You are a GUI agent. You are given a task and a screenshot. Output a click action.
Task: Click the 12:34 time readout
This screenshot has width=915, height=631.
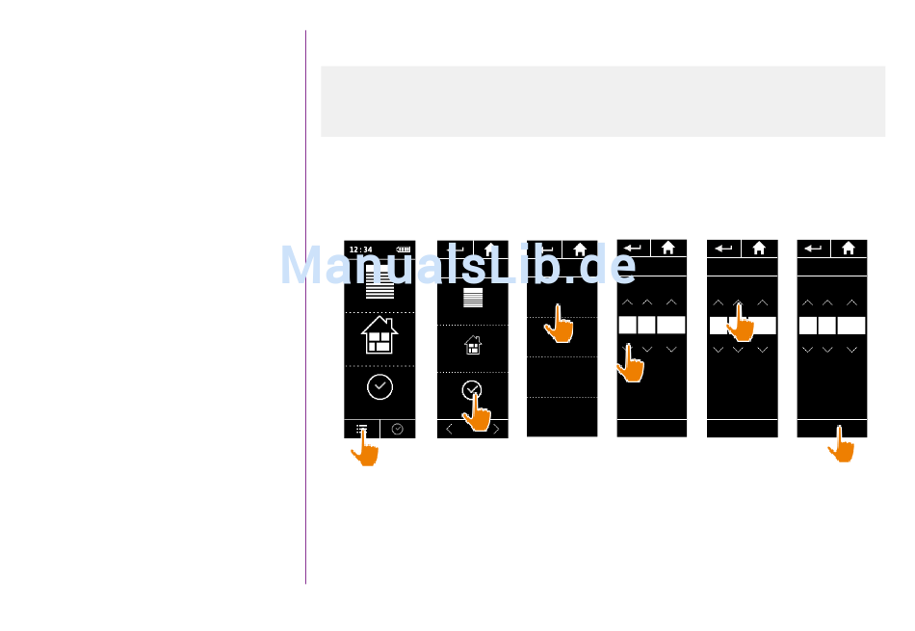point(360,250)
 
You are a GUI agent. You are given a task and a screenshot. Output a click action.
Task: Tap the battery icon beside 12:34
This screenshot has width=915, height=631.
point(403,250)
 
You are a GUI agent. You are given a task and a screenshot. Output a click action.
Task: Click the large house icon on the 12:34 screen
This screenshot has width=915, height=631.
point(379,335)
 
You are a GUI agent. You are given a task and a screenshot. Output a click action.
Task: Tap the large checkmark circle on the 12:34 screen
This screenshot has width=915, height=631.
point(379,387)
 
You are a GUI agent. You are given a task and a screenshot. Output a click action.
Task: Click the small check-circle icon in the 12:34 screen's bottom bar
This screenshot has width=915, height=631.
point(398,429)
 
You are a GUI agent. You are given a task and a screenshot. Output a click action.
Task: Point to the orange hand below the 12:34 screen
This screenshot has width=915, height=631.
point(364,448)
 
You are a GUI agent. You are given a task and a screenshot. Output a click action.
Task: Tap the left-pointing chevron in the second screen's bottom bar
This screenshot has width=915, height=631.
point(449,430)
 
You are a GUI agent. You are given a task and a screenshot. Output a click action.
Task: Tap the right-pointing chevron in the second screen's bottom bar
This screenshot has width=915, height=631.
point(496,430)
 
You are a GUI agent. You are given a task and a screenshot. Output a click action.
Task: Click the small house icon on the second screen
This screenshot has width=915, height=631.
point(473,344)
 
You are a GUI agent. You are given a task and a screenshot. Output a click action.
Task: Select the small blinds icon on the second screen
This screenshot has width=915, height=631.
point(473,298)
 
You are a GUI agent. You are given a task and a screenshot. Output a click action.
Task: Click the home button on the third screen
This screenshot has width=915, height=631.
point(580,249)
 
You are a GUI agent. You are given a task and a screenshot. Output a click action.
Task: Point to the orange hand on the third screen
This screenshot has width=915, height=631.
point(559,325)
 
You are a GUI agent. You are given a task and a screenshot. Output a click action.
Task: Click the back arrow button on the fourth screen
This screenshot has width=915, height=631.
point(633,248)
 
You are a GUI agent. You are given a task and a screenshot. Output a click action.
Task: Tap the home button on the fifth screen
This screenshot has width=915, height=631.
point(759,248)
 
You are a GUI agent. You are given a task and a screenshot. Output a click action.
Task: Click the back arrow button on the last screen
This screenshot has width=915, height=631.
point(814,248)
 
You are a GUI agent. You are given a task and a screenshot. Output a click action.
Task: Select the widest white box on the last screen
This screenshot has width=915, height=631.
point(851,326)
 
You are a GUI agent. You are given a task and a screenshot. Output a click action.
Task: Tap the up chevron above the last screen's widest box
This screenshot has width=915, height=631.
point(851,302)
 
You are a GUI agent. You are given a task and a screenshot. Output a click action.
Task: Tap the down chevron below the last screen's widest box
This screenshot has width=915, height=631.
point(851,350)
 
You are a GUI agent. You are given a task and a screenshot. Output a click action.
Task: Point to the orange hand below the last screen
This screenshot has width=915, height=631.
point(841,445)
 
